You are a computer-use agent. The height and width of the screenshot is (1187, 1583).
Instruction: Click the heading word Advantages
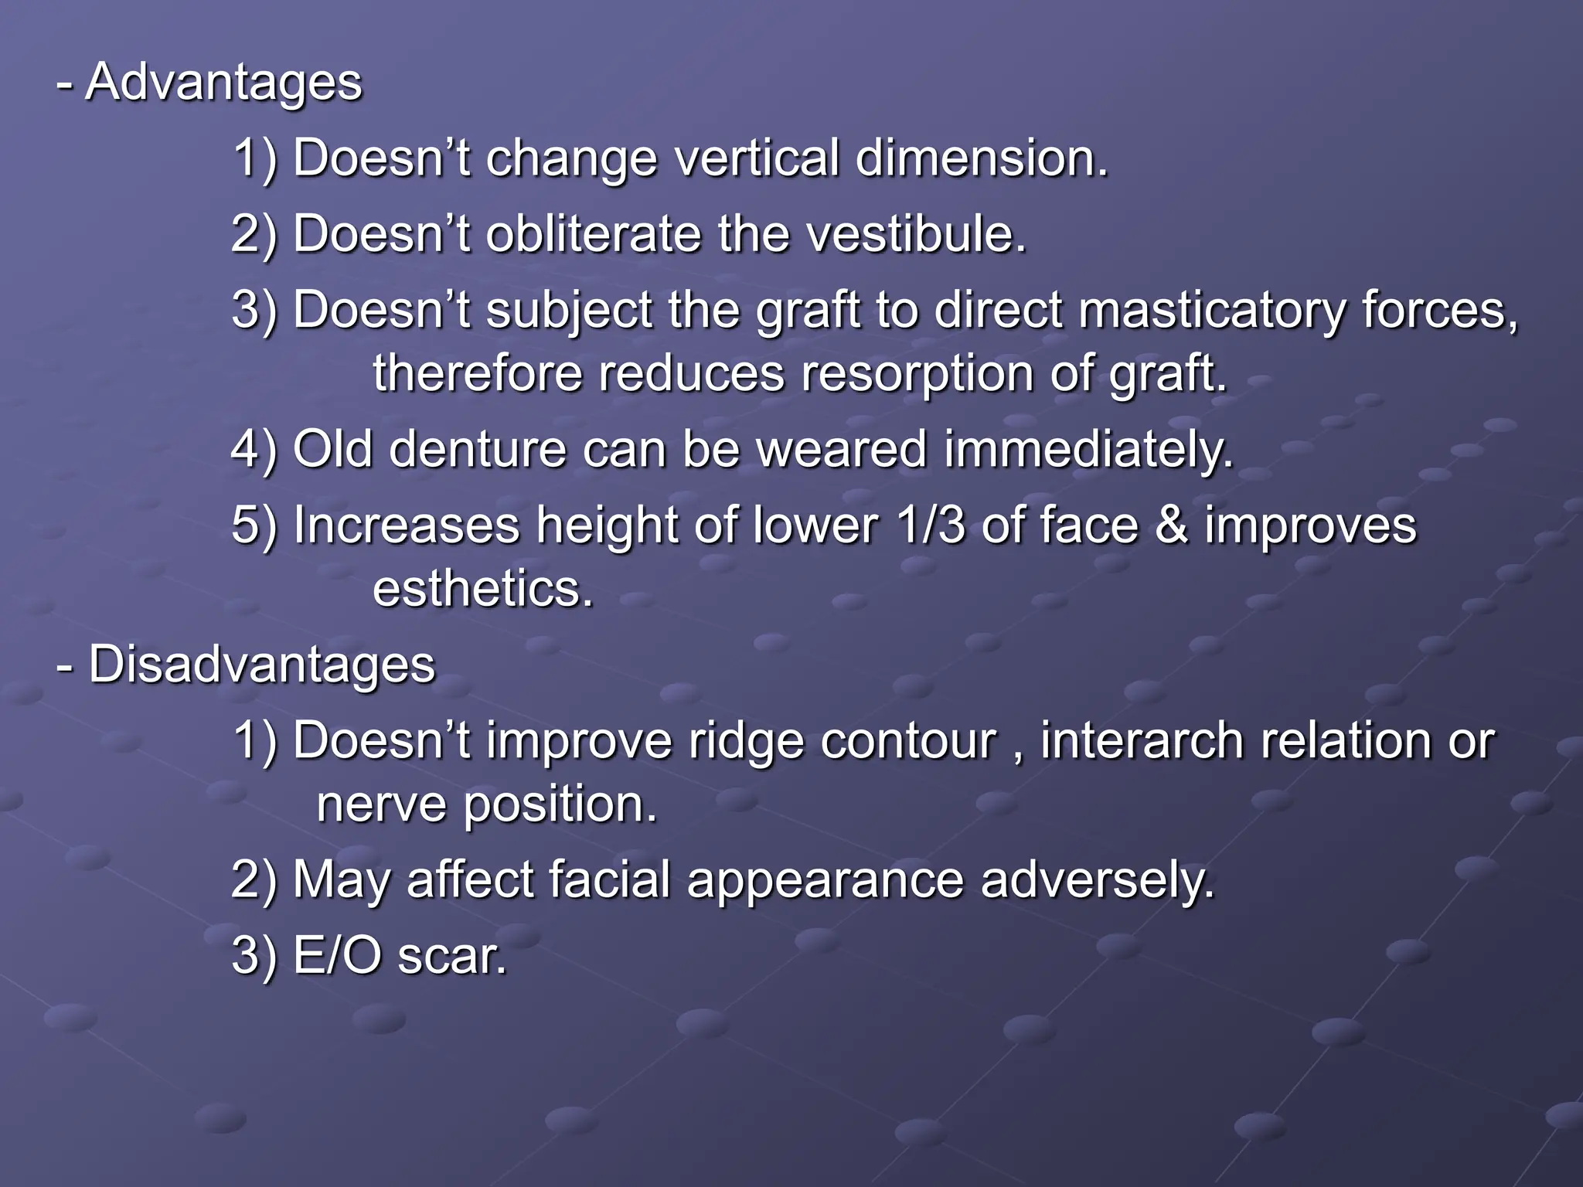[x=223, y=82]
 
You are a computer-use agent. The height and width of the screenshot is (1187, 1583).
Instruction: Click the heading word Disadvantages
[x=262, y=665]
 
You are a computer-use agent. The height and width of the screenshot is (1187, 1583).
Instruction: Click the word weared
[x=841, y=449]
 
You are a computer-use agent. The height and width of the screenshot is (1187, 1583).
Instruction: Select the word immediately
[x=1088, y=449]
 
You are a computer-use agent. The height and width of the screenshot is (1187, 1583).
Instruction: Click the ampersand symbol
[x=1171, y=525]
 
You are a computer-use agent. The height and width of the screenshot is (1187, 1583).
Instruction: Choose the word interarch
[x=1142, y=740]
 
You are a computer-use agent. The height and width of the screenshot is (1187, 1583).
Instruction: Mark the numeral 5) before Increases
[x=254, y=526]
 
